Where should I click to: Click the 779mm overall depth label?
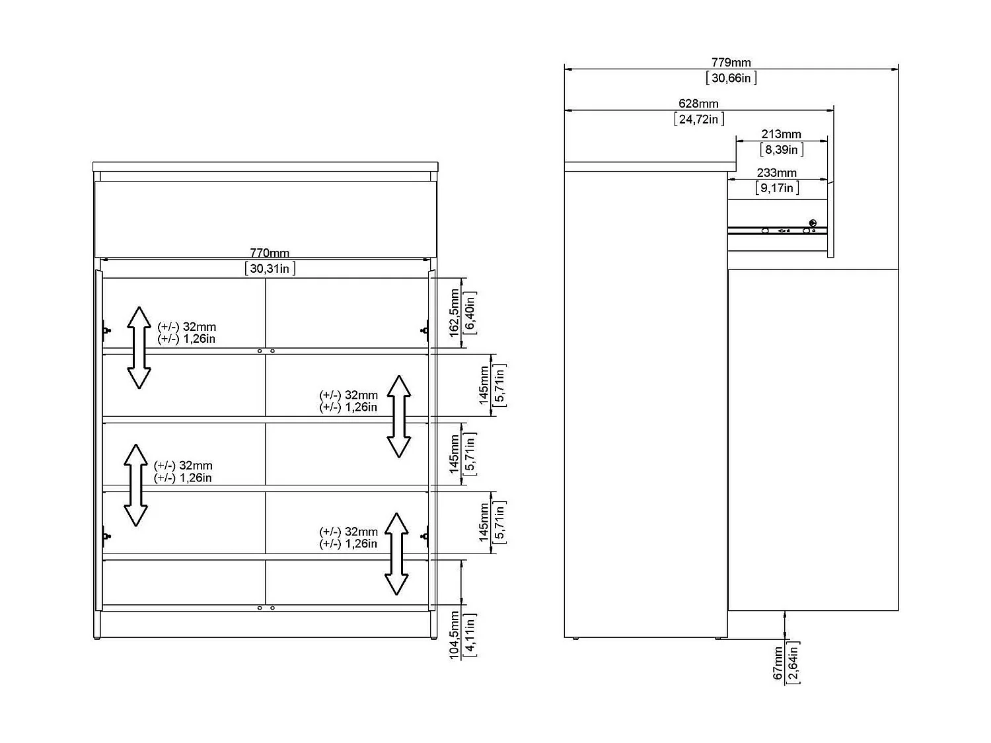coord(731,63)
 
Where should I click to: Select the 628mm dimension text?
coord(698,104)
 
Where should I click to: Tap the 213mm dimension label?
coord(781,134)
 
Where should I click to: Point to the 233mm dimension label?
coord(777,173)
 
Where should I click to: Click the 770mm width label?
coord(270,253)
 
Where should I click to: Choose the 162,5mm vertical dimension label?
coord(455,312)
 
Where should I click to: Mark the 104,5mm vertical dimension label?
coord(455,635)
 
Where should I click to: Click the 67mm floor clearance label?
coord(778,662)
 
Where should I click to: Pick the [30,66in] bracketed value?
coord(731,78)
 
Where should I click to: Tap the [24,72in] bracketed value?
coord(698,119)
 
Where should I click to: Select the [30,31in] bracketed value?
coord(270,268)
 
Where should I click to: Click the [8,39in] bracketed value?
coord(781,149)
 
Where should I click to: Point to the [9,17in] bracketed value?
coord(777,188)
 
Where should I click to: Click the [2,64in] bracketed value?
coord(793,662)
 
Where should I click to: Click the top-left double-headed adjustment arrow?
coord(139,347)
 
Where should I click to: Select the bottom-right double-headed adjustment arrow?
coord(396,553)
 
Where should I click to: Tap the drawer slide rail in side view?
coord(777,230)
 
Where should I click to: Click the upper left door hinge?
coord(106,328)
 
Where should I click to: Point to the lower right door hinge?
coord(425,536)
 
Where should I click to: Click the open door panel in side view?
coord(813,439)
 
